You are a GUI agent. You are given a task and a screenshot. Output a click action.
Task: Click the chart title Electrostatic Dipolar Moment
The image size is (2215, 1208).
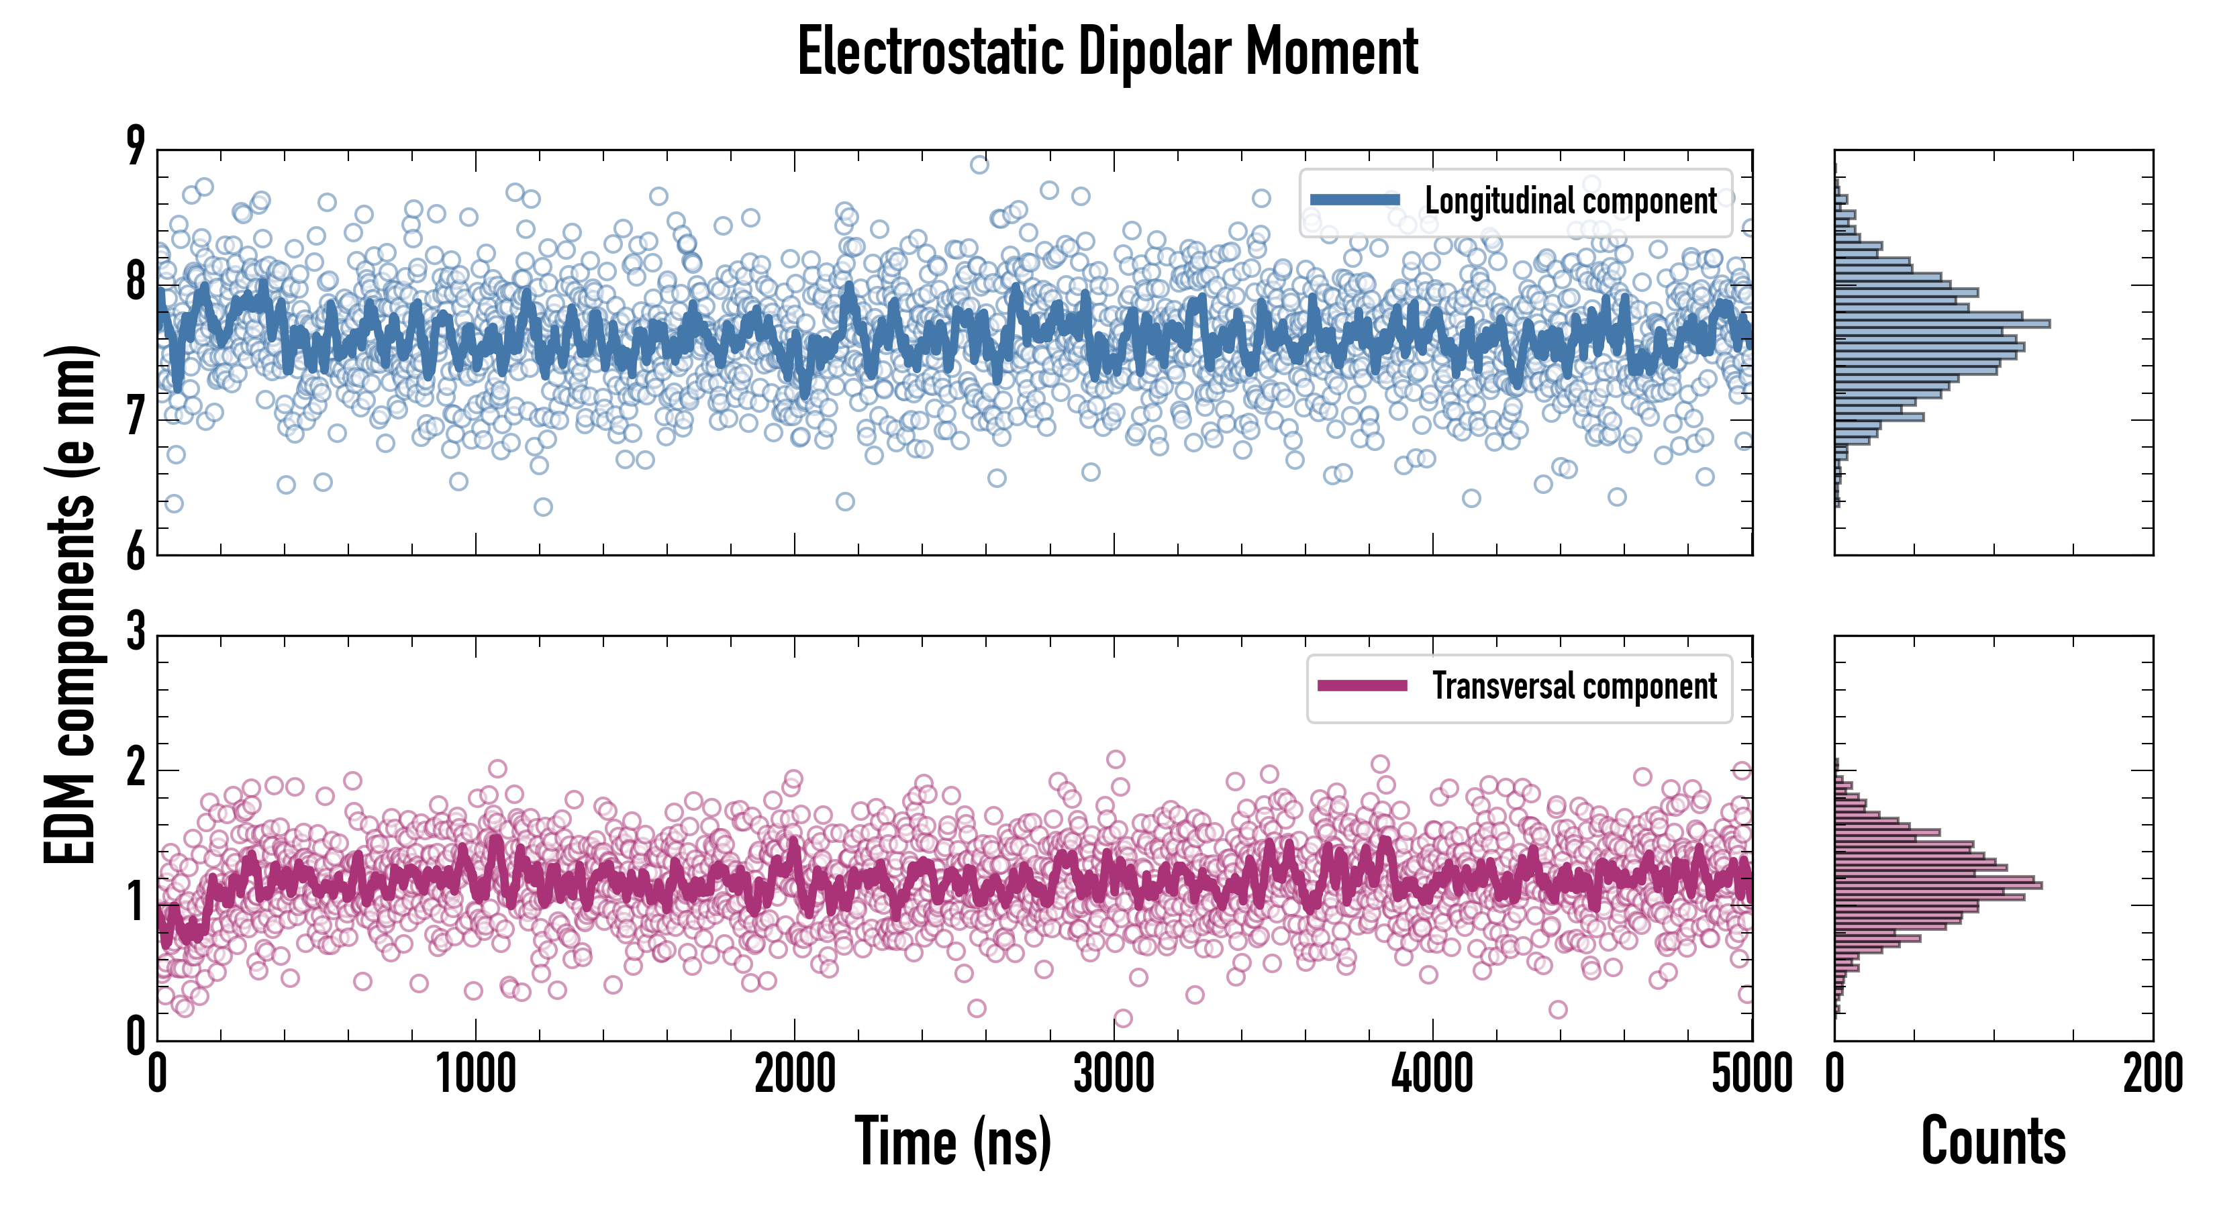[1107, 52]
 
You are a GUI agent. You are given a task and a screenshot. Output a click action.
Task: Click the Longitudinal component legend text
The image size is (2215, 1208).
[1570, 201]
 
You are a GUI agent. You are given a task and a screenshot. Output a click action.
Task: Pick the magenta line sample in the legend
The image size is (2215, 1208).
[1362, 686]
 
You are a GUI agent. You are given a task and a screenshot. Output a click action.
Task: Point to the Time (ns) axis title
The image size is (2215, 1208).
[952, 1141]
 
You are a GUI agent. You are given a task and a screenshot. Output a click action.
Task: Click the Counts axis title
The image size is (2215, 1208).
[1993, 1141]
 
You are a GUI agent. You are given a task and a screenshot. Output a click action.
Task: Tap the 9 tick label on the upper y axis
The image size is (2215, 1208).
[136, 146]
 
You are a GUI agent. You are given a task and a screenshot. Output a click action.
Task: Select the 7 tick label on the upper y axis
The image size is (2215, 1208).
[136, 419]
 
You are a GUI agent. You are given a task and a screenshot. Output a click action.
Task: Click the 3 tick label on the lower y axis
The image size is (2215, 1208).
[136, 632]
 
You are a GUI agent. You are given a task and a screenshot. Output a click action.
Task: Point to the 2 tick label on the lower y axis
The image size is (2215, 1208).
[136, 768]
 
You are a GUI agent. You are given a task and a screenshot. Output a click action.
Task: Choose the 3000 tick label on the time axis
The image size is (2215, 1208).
[1114, 1074]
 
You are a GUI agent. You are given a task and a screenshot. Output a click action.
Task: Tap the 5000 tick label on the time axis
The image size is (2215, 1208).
[1752, 1074]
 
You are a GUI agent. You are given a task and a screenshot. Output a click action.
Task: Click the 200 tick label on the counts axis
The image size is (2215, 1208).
[2152, 1074]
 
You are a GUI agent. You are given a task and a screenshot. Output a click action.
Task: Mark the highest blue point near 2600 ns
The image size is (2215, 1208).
[979, 164]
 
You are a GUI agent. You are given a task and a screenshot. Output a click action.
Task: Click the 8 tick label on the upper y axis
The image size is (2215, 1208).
[136, 283]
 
